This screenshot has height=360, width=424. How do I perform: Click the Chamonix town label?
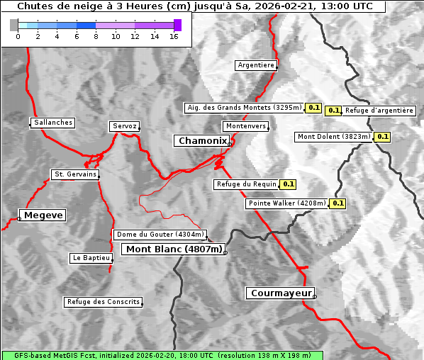point(203,141)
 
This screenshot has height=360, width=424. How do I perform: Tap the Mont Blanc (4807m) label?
point(174,249)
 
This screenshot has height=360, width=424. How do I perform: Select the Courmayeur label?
point(281,293)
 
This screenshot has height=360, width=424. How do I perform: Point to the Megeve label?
point(43,215)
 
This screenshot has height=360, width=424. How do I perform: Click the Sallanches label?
point(53,123)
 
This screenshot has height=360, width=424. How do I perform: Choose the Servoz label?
point(125,126)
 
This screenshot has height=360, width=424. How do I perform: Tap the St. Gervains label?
point(75,174)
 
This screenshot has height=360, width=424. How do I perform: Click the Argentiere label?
point(256,65)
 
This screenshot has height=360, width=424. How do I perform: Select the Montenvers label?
point(246,126)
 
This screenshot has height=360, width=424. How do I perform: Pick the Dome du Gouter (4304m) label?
point(160,235)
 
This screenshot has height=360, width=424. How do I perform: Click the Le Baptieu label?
point(91,259)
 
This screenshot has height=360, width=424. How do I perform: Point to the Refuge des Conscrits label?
point(104,302)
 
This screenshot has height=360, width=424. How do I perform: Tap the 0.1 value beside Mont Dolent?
point(383,137)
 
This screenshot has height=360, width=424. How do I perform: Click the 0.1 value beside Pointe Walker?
point(338,203)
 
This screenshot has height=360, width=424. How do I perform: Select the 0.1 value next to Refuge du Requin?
point(289,184)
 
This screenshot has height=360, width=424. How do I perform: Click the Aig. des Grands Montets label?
point(244,108)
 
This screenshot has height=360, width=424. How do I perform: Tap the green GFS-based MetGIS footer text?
point(162,355)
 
